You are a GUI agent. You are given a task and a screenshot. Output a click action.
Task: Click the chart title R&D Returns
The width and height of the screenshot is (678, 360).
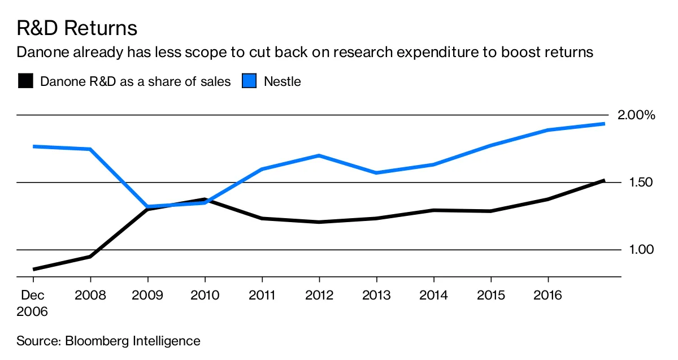pos(77,28)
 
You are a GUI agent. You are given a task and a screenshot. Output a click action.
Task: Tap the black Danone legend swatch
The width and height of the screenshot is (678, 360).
pos(25,81)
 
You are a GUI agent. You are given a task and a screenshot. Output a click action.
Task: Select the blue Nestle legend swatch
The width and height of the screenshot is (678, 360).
pos(250,81)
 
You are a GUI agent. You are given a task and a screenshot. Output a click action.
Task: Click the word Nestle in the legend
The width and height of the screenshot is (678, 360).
pos(282,81)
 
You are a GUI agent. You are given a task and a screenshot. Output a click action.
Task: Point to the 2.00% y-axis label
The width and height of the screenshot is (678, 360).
pos(636,115)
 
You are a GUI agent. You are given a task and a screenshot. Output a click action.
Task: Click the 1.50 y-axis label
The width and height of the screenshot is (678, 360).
pos(641,182)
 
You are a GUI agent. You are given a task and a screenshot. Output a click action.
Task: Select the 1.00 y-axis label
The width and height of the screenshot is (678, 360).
pos(641,250)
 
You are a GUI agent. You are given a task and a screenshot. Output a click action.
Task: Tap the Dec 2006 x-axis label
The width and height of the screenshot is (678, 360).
pos(33,303)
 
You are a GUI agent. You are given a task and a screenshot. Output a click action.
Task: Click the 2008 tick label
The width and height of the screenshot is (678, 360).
pos(90,296)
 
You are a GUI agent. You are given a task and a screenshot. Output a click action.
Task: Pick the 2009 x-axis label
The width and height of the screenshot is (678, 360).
pos(147,296)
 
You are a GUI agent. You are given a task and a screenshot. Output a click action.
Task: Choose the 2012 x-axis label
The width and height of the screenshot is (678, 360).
pos(319,296)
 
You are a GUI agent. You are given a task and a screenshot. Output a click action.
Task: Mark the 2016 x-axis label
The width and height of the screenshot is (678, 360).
pos(547,296)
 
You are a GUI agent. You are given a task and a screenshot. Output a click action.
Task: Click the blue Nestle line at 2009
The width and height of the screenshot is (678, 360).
pos(147,207)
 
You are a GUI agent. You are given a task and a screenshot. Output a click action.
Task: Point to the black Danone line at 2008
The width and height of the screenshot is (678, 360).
pos(90,257)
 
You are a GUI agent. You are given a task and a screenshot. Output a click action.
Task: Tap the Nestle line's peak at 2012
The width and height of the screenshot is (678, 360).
pos(319,155)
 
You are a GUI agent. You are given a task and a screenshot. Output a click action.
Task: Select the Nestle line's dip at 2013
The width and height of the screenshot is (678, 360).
pos(376,172)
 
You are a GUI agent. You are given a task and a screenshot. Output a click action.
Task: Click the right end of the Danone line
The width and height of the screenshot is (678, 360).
pos(604,180)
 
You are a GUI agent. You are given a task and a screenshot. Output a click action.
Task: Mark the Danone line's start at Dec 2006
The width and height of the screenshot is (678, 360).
pos(34,269)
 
